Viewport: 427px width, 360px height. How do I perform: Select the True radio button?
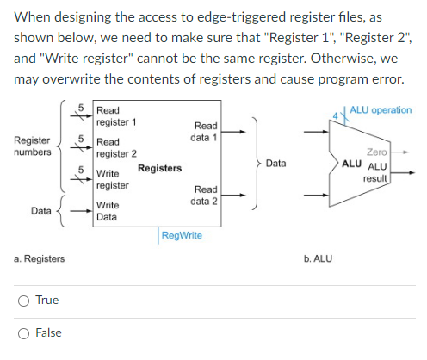pos(29,301)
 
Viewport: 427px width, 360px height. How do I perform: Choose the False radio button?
pos(29,333)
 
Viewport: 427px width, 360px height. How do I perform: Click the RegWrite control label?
pos(181,234)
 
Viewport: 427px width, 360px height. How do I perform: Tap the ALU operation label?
pos(380,110)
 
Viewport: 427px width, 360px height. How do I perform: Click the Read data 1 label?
pos(206,131)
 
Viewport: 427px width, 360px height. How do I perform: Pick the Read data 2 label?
pos(206,195)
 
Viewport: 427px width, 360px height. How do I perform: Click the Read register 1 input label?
pos(113,116)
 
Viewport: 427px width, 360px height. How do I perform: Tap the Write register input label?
pos(113,180)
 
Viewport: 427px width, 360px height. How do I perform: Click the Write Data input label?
pos(108,212)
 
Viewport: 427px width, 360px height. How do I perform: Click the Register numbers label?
pos(32,146)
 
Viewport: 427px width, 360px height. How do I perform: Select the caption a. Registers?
pos(39,258)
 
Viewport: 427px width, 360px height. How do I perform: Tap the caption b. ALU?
pos(318,258)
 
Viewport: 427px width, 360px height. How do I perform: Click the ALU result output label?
pos(377,171)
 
